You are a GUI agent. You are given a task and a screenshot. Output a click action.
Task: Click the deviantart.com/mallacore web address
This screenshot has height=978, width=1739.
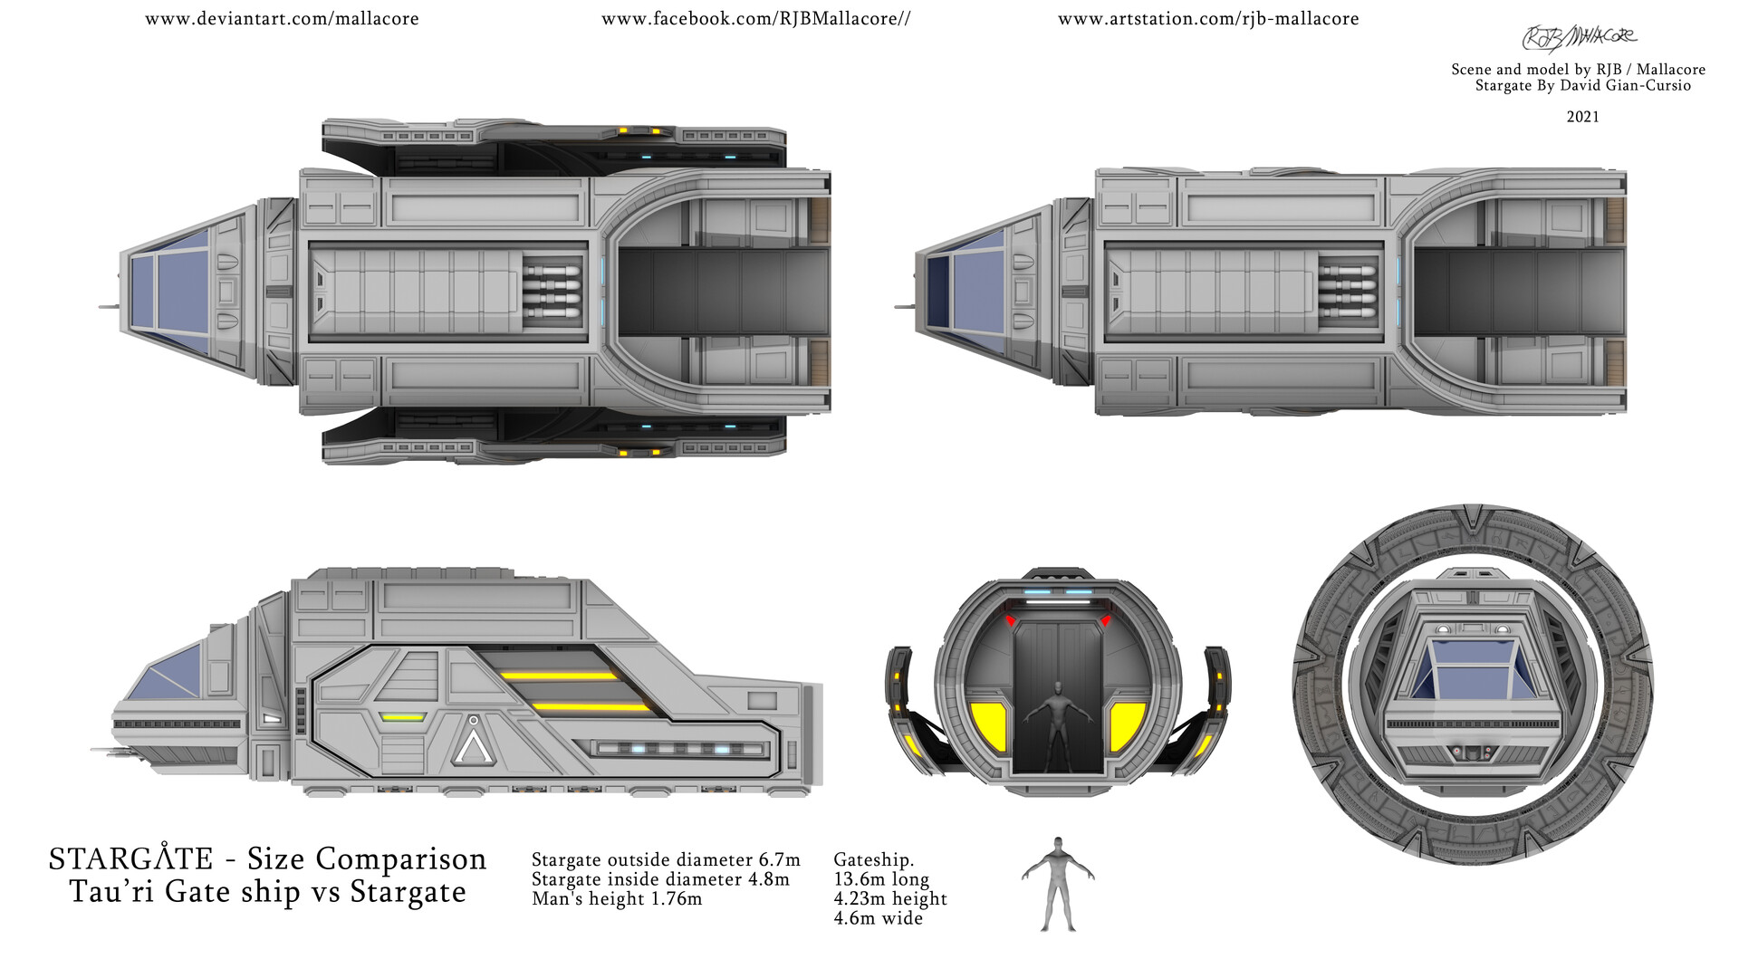(x=282, y=19)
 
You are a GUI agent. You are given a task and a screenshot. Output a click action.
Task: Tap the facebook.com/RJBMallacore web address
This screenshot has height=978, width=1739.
(x=755, y=19)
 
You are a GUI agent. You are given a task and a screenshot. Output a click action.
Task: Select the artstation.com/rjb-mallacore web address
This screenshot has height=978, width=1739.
(x=1208, y=19)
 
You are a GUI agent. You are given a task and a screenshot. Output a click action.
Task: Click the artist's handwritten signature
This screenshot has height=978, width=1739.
(x=1580, y=37)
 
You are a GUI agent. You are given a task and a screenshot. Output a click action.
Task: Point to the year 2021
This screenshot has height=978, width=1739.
(x=1582, y=117)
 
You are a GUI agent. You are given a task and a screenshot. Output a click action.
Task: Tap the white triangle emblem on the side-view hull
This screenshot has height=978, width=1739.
(x=473, y=742)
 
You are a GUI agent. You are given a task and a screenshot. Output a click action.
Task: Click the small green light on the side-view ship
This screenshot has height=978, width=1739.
(x=402, y=717)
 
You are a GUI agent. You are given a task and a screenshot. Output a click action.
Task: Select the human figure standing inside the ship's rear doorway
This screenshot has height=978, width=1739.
(x=1056, y=729)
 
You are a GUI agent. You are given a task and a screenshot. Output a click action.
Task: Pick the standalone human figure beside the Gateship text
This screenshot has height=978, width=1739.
(x=1058, y=884)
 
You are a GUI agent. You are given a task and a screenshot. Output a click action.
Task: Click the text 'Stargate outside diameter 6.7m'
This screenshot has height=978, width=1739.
(x=666, y=859)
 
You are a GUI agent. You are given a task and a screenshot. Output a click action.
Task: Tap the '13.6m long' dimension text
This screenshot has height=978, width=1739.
(x=881, y=879)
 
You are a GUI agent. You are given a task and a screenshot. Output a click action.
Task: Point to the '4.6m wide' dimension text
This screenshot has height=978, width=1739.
(x=878, y=918)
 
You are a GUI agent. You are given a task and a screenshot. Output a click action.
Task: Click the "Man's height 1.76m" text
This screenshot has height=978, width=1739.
(x=617, y=899)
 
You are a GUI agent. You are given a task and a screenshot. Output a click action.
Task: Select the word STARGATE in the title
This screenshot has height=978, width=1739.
(x=131, y=858)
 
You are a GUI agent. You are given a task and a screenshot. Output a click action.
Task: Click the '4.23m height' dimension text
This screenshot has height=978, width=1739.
(x=890, y=899)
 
